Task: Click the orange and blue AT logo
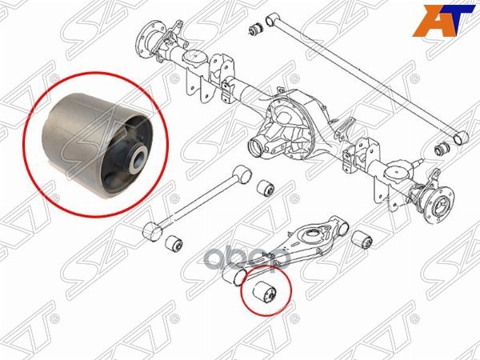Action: (445, 21)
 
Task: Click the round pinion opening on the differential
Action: (259, 147)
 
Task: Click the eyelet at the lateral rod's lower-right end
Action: (461, 138)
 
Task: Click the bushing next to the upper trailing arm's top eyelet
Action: (266, 189)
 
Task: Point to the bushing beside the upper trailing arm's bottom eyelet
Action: (174, 244)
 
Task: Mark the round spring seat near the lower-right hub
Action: (398, 175)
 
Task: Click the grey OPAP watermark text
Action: (249, 259)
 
